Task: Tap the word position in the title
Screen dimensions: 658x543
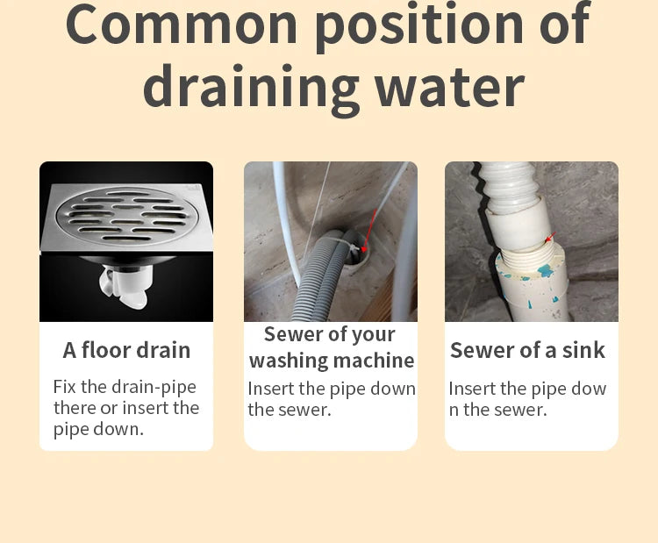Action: click(419, 26)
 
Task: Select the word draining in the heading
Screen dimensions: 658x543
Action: click(252, 89)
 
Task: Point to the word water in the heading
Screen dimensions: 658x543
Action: click(449, 88)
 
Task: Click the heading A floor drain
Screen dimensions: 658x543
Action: click(126, 350)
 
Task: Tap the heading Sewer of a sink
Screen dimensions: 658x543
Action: click(527, 350)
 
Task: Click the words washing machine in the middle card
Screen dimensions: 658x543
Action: click(332, 361)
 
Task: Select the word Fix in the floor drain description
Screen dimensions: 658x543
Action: click(64, 387)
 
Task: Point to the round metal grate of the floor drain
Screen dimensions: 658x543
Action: click(128, 215)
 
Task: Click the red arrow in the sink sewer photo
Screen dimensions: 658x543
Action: click(551, 237)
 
